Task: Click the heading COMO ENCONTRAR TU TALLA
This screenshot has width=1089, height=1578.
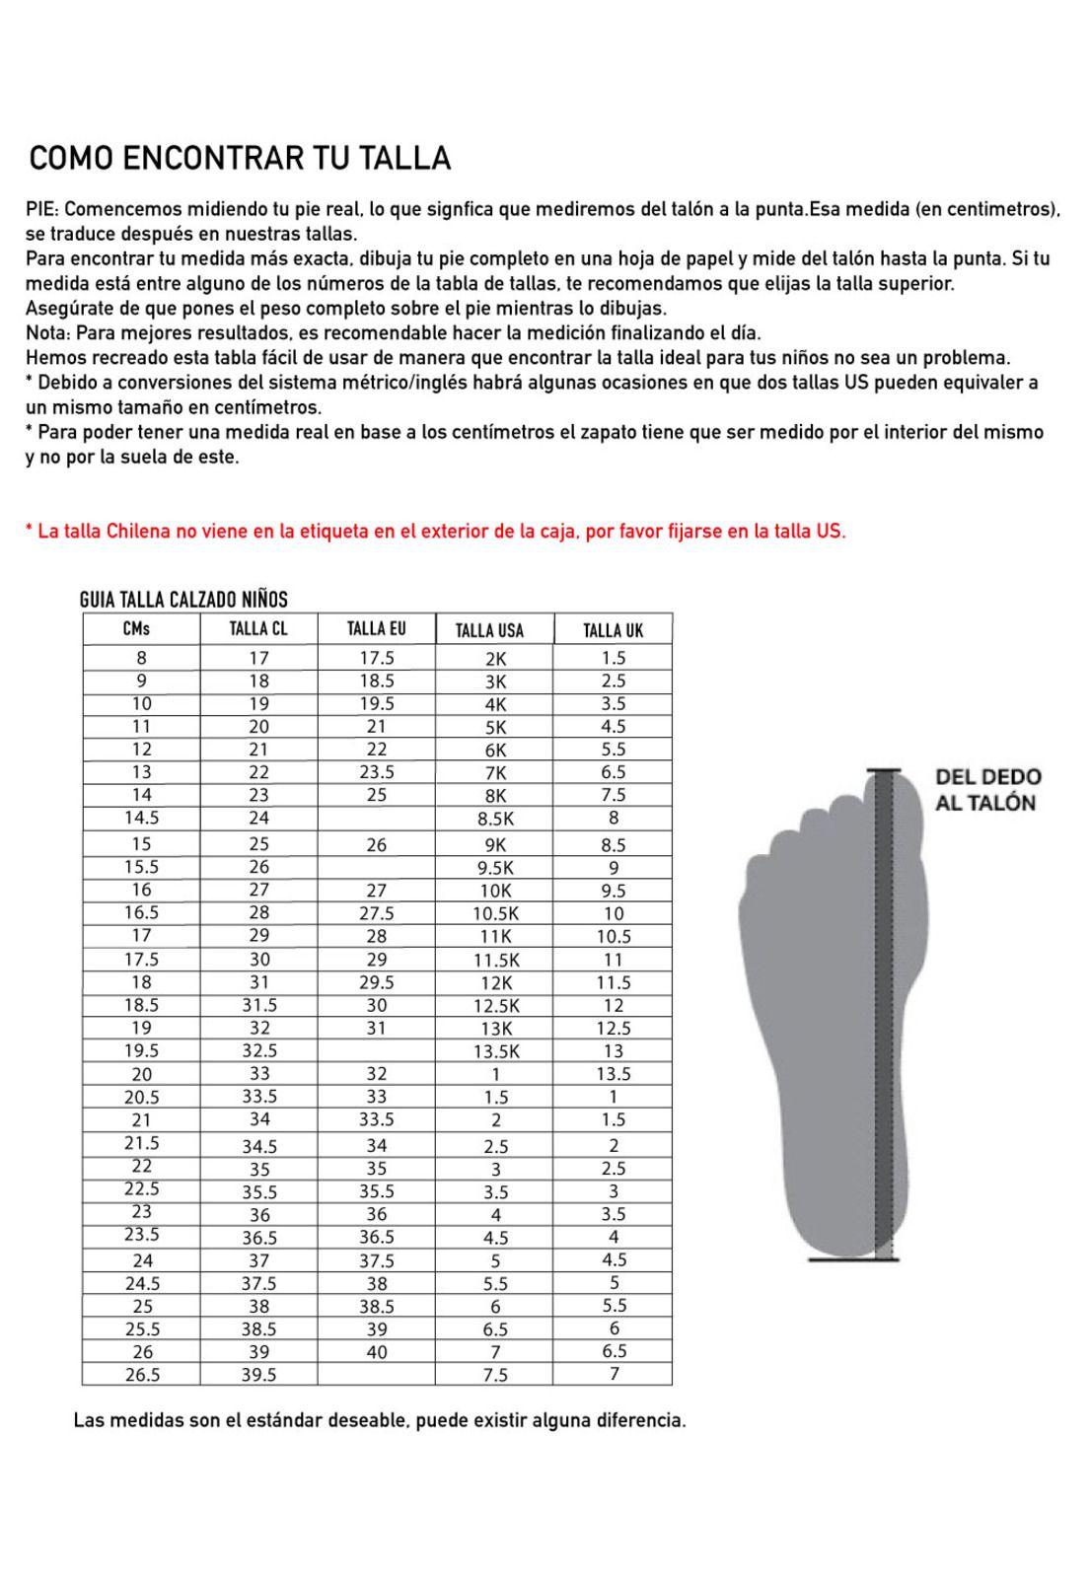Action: (240, 158)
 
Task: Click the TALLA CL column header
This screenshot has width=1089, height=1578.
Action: (258, 629)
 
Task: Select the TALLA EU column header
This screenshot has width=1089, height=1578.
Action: (376, 629)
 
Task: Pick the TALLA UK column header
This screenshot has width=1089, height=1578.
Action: (613, 630)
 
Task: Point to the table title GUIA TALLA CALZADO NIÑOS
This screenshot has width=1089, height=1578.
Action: (183, 600)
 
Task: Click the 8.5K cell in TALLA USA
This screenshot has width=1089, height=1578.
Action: (495, 819)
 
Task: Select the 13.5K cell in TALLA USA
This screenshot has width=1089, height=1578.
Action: (496, 1051)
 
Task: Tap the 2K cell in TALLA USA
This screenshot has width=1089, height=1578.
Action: (495, 659)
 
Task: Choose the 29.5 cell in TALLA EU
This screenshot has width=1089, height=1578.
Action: (376, 982)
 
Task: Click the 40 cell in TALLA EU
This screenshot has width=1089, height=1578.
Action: (376, 1352)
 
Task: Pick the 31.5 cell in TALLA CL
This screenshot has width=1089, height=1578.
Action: (259, 1005)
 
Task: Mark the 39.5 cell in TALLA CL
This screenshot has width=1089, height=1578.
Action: (259, 1375)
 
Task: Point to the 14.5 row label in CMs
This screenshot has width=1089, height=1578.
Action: (141, 818)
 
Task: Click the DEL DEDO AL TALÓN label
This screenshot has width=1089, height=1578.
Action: (987, 790)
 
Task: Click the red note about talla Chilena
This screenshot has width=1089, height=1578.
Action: (435, 532)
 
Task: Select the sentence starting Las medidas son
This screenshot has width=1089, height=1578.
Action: (379, 1421)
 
